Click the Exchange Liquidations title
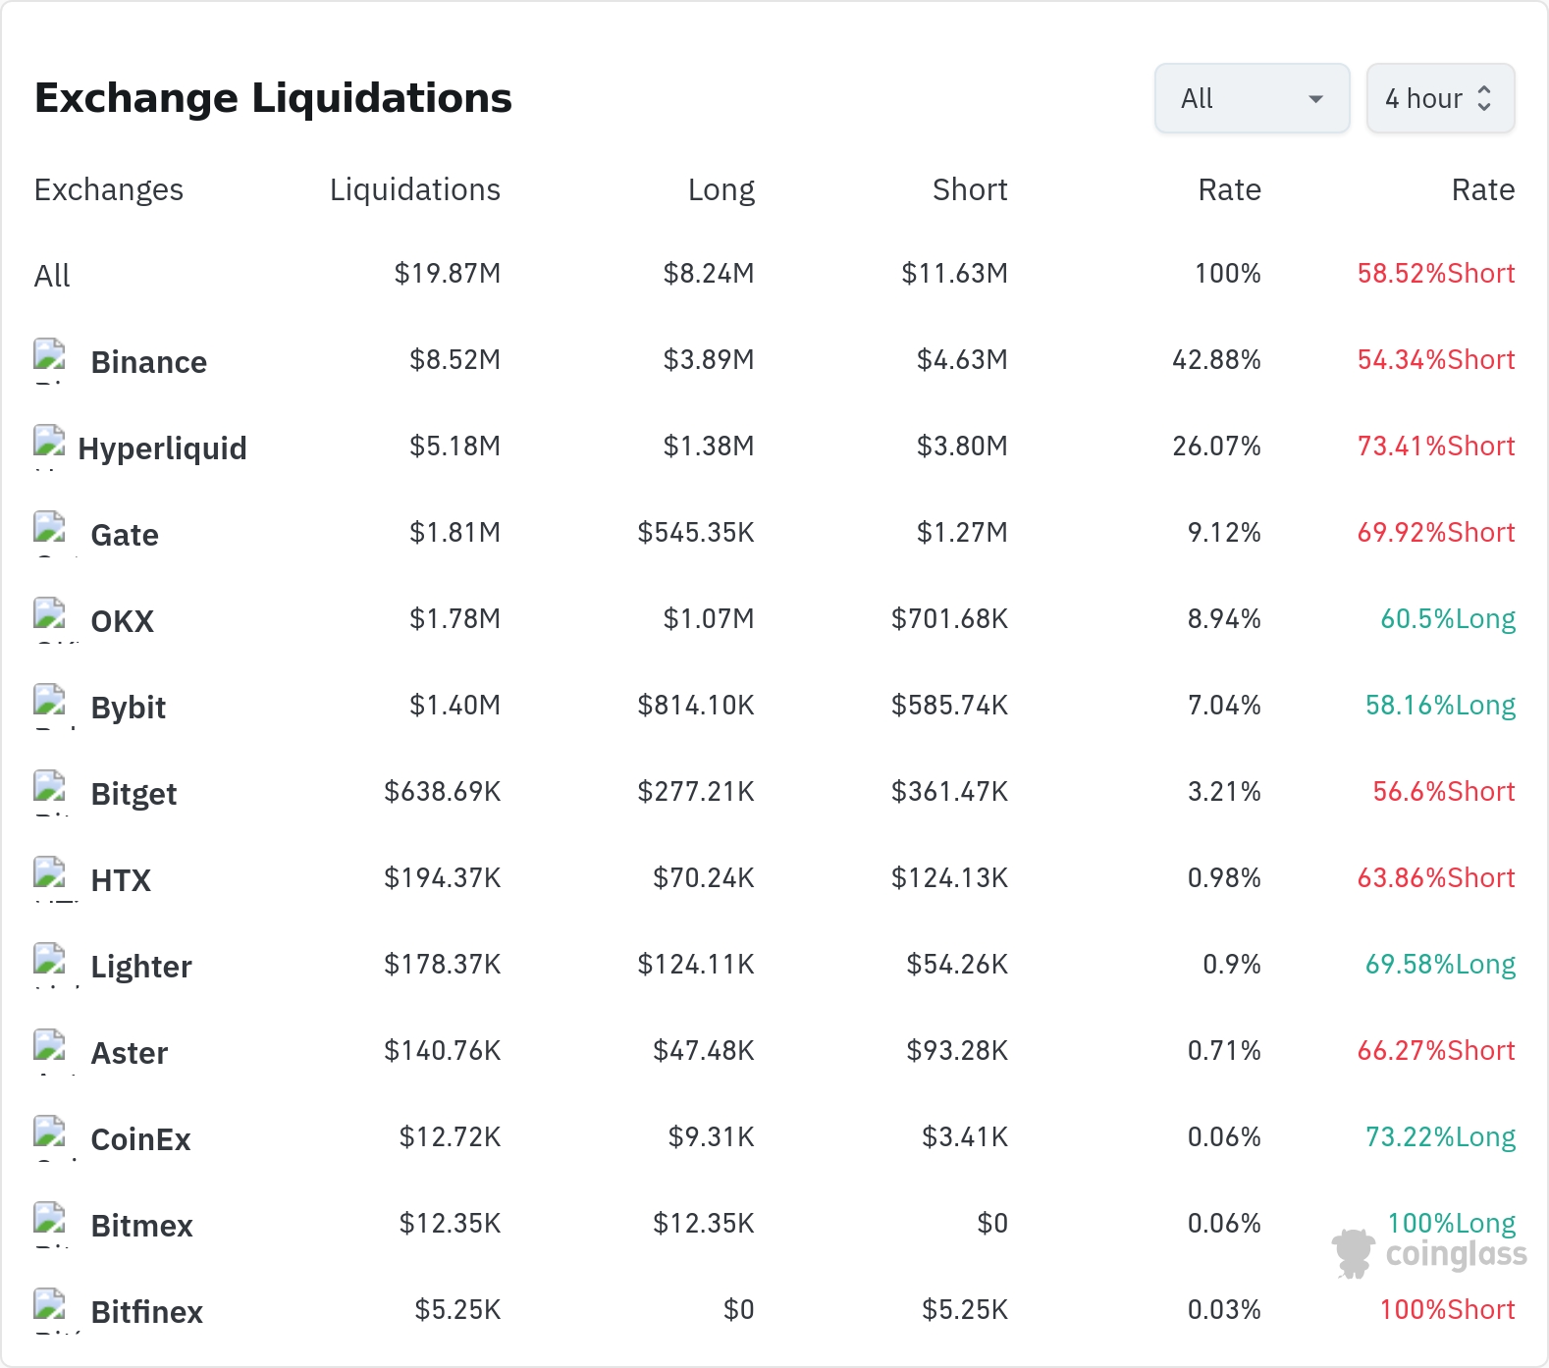pos(273,98)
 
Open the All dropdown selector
pos(1252,98)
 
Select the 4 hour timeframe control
pos(1440,98)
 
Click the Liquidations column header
pos(415,189)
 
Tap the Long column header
pos(721,189)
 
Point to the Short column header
pos(970,189)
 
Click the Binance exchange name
pos(149,362)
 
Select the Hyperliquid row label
pos(163,448)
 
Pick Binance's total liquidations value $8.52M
pos(454,360)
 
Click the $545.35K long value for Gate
pos(696,533)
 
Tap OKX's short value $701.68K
pos(949,619)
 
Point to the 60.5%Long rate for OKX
pos(1448,619)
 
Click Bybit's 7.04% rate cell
pos(1224,706)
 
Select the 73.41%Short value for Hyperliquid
pos(1436,447)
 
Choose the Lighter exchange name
pos(141,967)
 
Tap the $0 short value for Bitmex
pos(992,1224)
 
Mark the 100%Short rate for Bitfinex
pos(1448,1310)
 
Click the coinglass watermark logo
pos(1429,1253)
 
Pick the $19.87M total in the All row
pos(448,274)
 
